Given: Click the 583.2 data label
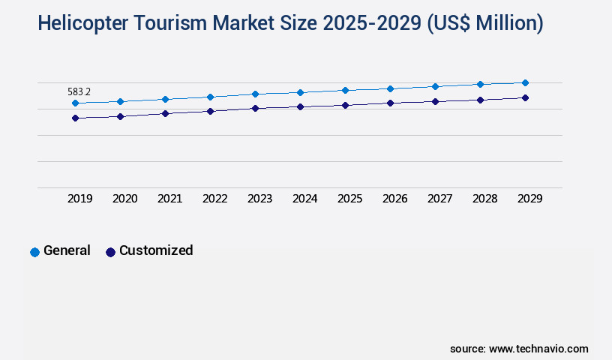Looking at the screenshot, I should pyautogui.click(x=79, y=91).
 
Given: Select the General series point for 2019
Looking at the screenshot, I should pyautogui.click(x=75, y=103).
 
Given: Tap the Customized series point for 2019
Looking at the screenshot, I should pyautogui.click(x=75, y=118).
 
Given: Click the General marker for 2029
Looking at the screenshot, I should pyautogui.click(x=525, y=82).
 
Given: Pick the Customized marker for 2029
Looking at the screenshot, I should pyautogui.click(x=525, y=97).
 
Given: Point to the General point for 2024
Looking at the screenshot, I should pyautogui.click(x=300, y=92).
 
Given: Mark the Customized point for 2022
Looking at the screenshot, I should pyautogui.click(x=210, y=111).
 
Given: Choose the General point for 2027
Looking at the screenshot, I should pyautogui.click(x=435, y=86).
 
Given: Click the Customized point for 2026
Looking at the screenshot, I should pyautogui.click(x=390, y=103).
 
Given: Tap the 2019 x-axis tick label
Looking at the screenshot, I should pyautogui.click(x=80, y=199).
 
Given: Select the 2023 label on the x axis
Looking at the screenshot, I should pyautogui.click(x=260, y=199).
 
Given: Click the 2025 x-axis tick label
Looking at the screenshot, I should pyautogui.click(x=350, y=199).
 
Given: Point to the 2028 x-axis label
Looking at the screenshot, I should pyautogui.click(x=485, y=199).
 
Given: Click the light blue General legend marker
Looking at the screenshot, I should pyautogui.click(x=34, y=252).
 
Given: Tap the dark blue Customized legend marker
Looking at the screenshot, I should pyautogui.click(x=110, y=252).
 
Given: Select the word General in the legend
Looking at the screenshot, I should pyautogui.click(x=67, y=250).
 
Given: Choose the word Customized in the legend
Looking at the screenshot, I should pyautogui.click(x=156, y=250).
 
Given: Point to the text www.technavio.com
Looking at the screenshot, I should pyautogui.click(x=538, y=349).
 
